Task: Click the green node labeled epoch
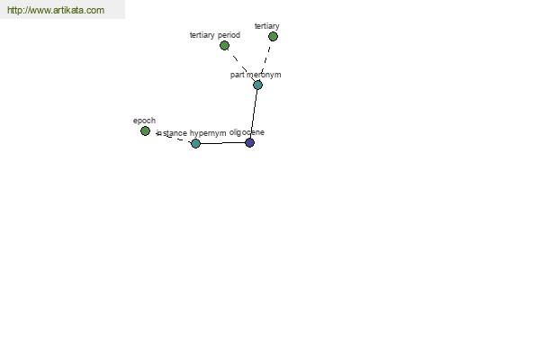pos(145,130)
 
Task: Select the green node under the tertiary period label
pos(224,46)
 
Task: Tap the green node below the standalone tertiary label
pos(273,37)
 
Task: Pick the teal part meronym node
pos(257,85)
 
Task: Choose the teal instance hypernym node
pos(195,143)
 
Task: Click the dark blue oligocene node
pos(249,142)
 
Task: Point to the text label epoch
pos(144,121)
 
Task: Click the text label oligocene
pos(247,132)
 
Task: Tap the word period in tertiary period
pos(229,35)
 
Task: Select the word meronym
pos(264,75)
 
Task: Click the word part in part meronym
pos(238,75)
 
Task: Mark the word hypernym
pos(208,133)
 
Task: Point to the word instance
pos(172,133)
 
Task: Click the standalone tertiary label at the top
pos(267,26)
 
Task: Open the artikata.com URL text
pos(56,10)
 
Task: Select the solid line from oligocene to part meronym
pos(254,113)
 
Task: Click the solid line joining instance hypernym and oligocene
pos(222,143)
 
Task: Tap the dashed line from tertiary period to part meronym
pos(241,65)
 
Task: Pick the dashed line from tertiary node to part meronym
pos(265,60)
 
